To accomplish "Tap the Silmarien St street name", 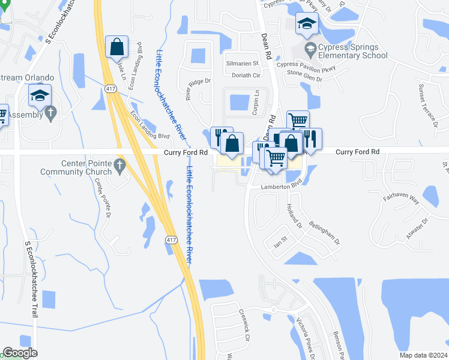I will pyautogui.click(x=241, y=63).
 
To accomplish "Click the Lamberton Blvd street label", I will pyautogui.click(x=280, y=187).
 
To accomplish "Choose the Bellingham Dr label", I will pyautogui.click(x=325, y=232).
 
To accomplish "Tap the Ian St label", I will pyautogui.click(x=281, y=242).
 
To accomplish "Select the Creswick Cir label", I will pyautogui.click(x=244, y=323).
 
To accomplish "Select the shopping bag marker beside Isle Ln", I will pyautogui.click(x=116, y=46).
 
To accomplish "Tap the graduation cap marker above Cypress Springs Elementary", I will pyautogui.click(x=307, y=24).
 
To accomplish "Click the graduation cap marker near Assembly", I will pyautogui.click(x=40, y=95).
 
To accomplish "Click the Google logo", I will pyautogui.click(x=20, y=353).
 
